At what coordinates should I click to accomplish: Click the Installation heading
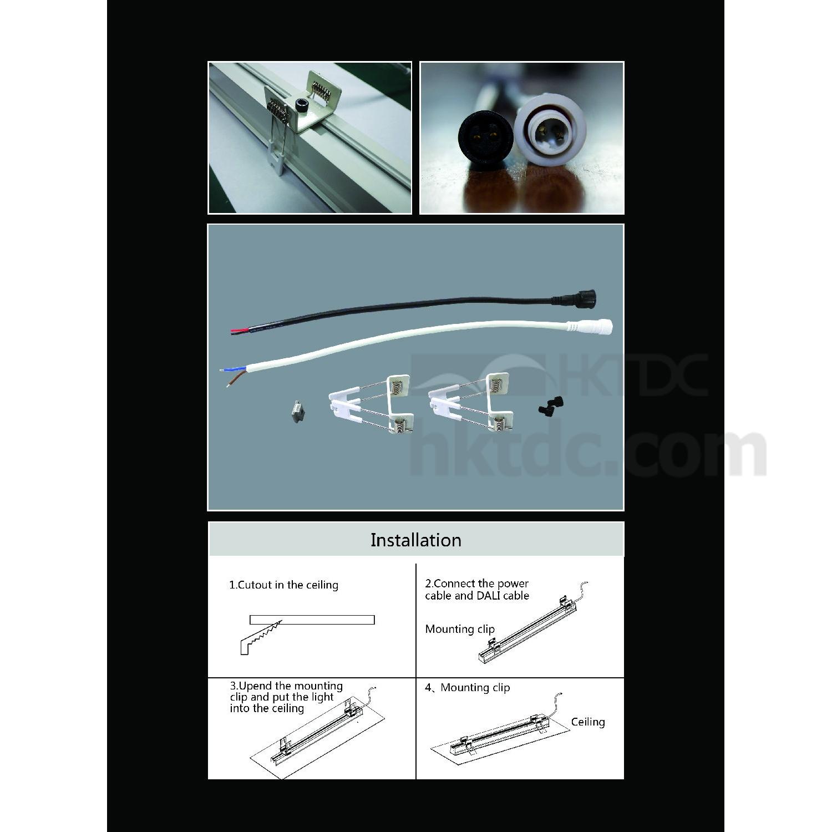[415, 540]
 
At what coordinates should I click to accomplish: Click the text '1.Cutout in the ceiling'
[283, 585]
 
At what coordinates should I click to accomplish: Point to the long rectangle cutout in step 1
[312, 620]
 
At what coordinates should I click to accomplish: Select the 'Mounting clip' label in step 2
[459, 630]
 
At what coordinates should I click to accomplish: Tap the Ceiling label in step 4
[588, 722]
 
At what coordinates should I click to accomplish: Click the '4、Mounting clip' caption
[467, 688]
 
